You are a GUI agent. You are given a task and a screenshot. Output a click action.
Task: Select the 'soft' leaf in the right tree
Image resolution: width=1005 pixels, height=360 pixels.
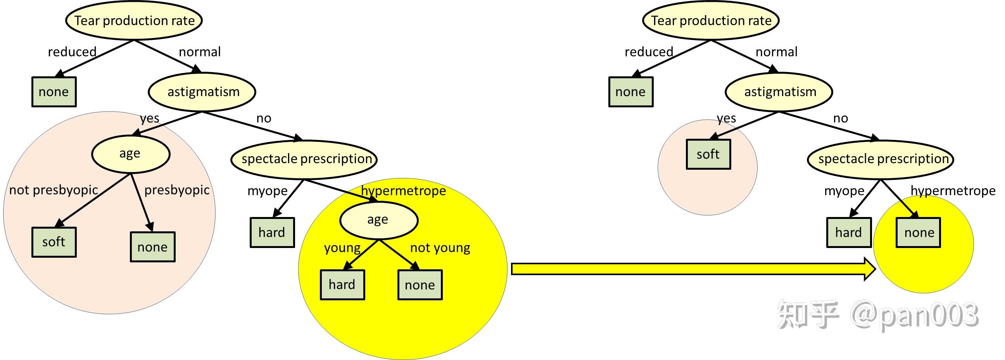[x=708, y=155]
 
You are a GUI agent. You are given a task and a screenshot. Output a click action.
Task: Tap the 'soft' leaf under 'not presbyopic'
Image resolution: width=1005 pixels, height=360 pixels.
[x=54, y=242]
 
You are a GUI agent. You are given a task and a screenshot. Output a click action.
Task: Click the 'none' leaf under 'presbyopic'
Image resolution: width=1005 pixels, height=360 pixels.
[x=152, y=247]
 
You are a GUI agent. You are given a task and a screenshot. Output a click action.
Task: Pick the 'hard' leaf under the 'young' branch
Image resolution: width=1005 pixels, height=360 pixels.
[x=342, y=285]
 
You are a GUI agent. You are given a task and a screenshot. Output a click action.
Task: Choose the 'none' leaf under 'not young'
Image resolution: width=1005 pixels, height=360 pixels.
[x=420, y=285]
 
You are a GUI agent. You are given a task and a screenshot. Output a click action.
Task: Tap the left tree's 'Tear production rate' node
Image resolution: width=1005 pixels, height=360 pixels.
[x=134, y=21]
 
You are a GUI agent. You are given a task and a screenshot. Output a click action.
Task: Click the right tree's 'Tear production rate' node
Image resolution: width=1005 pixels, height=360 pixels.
[x=711, y=21]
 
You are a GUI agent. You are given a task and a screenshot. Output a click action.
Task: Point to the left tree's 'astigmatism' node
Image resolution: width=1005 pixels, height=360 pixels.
[x=202, y=92]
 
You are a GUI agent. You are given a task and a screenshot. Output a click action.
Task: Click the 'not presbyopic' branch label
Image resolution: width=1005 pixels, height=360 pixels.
[x=54, y=190]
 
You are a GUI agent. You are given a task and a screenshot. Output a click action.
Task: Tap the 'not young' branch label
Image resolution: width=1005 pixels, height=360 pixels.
[x=440, y=248]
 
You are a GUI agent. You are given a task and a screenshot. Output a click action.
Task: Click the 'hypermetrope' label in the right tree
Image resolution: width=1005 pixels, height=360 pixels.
[x=953, y=191]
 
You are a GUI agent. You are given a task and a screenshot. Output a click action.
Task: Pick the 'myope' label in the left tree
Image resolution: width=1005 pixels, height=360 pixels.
[x=267, y=191]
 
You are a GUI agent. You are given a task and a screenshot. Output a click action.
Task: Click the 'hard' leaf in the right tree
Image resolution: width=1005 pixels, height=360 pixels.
[x=849, y=233]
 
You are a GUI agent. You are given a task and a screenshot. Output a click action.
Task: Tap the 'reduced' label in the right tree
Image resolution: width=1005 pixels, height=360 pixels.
[x=649, y=52]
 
